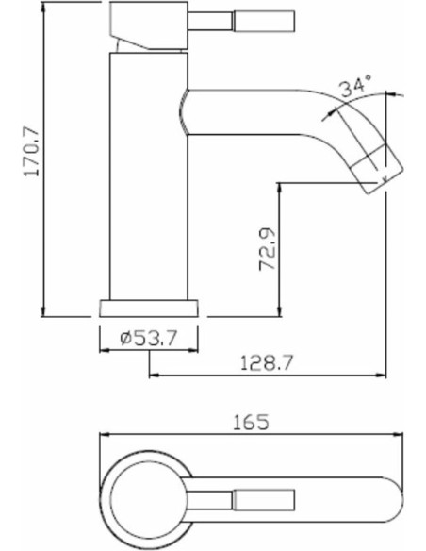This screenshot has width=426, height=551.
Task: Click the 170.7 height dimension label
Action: [x=32, y=151]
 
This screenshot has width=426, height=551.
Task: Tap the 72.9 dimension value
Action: [x=268, y=249]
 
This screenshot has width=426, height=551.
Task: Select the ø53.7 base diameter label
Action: [x=148, y=338]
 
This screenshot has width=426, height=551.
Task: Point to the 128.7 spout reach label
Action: [x=266, y=362]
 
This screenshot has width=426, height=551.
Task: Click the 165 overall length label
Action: [x=252, y=422]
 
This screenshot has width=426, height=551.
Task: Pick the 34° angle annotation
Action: [x=355, y=86]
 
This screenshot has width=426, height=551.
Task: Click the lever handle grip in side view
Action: [x=264, y=22]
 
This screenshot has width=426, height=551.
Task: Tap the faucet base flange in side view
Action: [x=149, y=309]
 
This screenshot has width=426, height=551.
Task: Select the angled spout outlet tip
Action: [x=380, y=173]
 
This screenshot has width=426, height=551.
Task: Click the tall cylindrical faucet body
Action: [x=149, y=176]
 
